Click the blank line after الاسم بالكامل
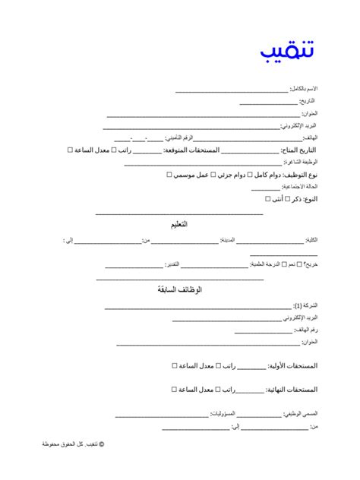pos(232,91)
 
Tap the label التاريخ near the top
pos(307,102)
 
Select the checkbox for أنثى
pos(267,199)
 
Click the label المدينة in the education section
pos(226,240)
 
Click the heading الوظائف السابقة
pos(179,289)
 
